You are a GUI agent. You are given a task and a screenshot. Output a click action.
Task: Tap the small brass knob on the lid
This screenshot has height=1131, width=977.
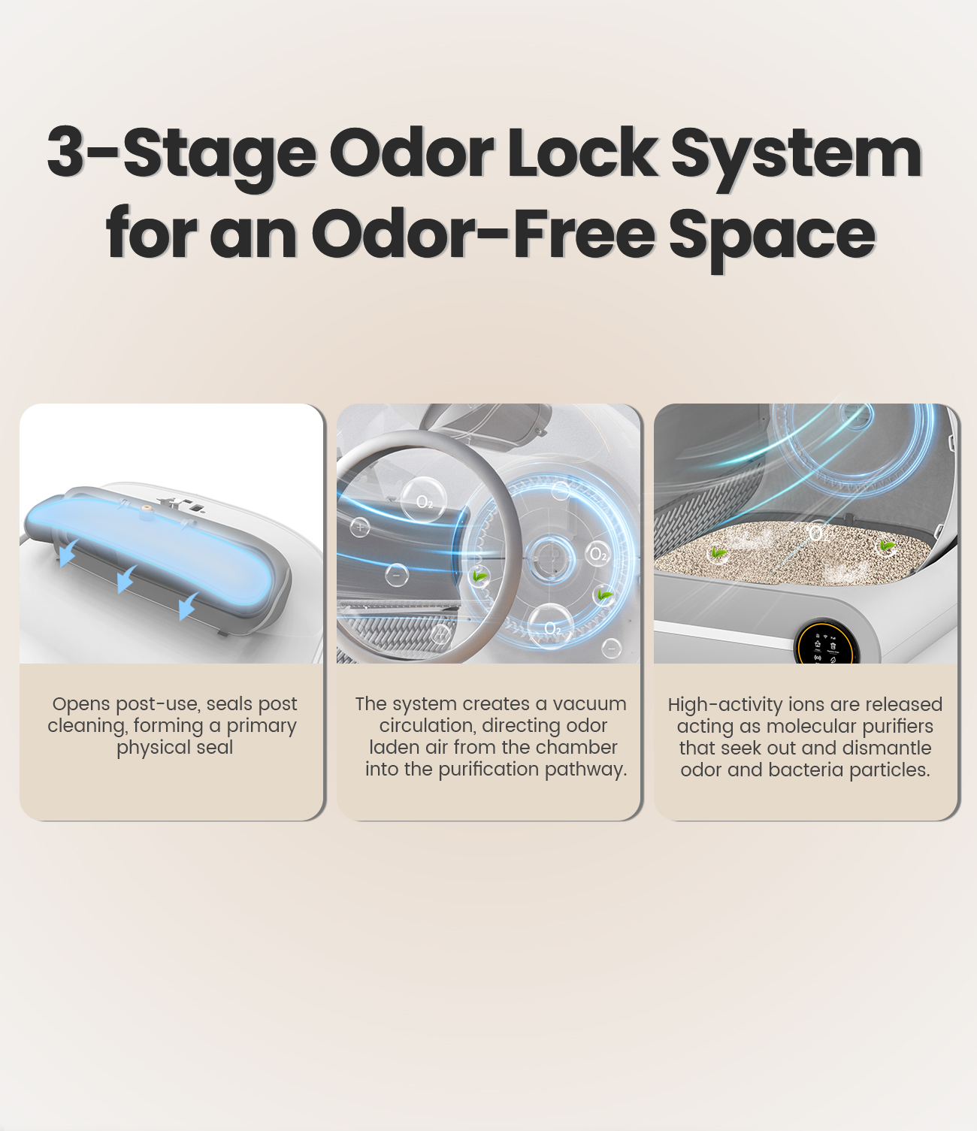[146, 508]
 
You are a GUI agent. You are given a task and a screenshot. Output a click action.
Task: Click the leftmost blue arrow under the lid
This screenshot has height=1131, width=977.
[68, 552]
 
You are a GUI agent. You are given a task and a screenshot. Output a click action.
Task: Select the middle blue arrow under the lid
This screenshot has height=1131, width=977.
[127, 579]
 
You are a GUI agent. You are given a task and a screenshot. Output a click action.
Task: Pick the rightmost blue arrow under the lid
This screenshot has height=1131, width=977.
[189, 606]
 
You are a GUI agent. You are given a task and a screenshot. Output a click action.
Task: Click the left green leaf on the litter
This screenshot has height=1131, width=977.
[718, 553]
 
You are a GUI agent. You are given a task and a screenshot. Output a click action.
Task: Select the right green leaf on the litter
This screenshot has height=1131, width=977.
[887, 545]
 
